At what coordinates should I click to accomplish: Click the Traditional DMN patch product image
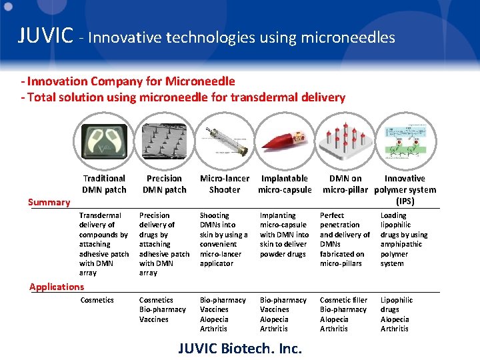pyautogui.click(x=103, y=138)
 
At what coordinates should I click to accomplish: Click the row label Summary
pyautogui.click(x=49, y=202)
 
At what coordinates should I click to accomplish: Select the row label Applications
pyautogui.click(x=57, y=287)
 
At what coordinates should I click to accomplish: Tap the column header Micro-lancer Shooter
pyautogui.click(x=225, y=184)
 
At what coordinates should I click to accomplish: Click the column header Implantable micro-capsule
pyautogui.click(x=285, y=184)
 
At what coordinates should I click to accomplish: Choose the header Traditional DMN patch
pyautogui.click(x=104, y=184)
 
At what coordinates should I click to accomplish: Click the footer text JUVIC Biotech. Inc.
pyautogui.click(x=240, y=348)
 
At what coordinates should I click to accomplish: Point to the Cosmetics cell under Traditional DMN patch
pyautogui.click(x=97, y=300)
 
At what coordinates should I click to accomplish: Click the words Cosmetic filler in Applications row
pyautogui.click(x=343, y=300)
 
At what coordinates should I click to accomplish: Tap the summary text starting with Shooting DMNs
pyautogui.click(x=223, y=239)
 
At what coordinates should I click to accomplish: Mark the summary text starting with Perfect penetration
pyautogui.click(x=345, y=239)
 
